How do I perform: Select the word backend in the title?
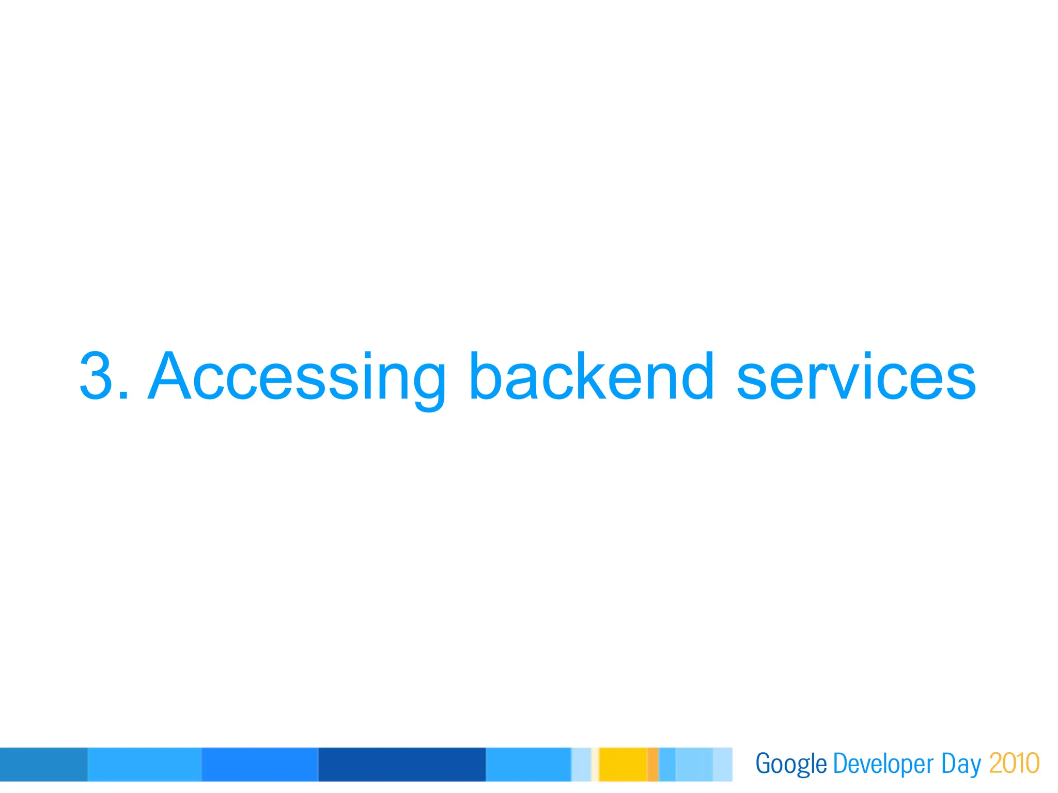(x=592, y=376)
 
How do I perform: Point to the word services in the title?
(x=855, y=376)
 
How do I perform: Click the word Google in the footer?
(x=791, y=764)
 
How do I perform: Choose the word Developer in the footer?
(x=883, y=764)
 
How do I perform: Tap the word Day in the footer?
(x=960, y=764)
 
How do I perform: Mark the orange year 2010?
(x=1014, y=764)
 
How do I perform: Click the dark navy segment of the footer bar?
(x=402, y=764)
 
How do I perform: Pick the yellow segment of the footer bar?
(x=623, y=764)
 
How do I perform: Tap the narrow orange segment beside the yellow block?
(x=652, y=764)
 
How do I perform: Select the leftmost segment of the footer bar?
(x=43, y=764)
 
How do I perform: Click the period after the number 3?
(x=123, y=395)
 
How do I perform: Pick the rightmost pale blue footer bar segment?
(x=722, y=764)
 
